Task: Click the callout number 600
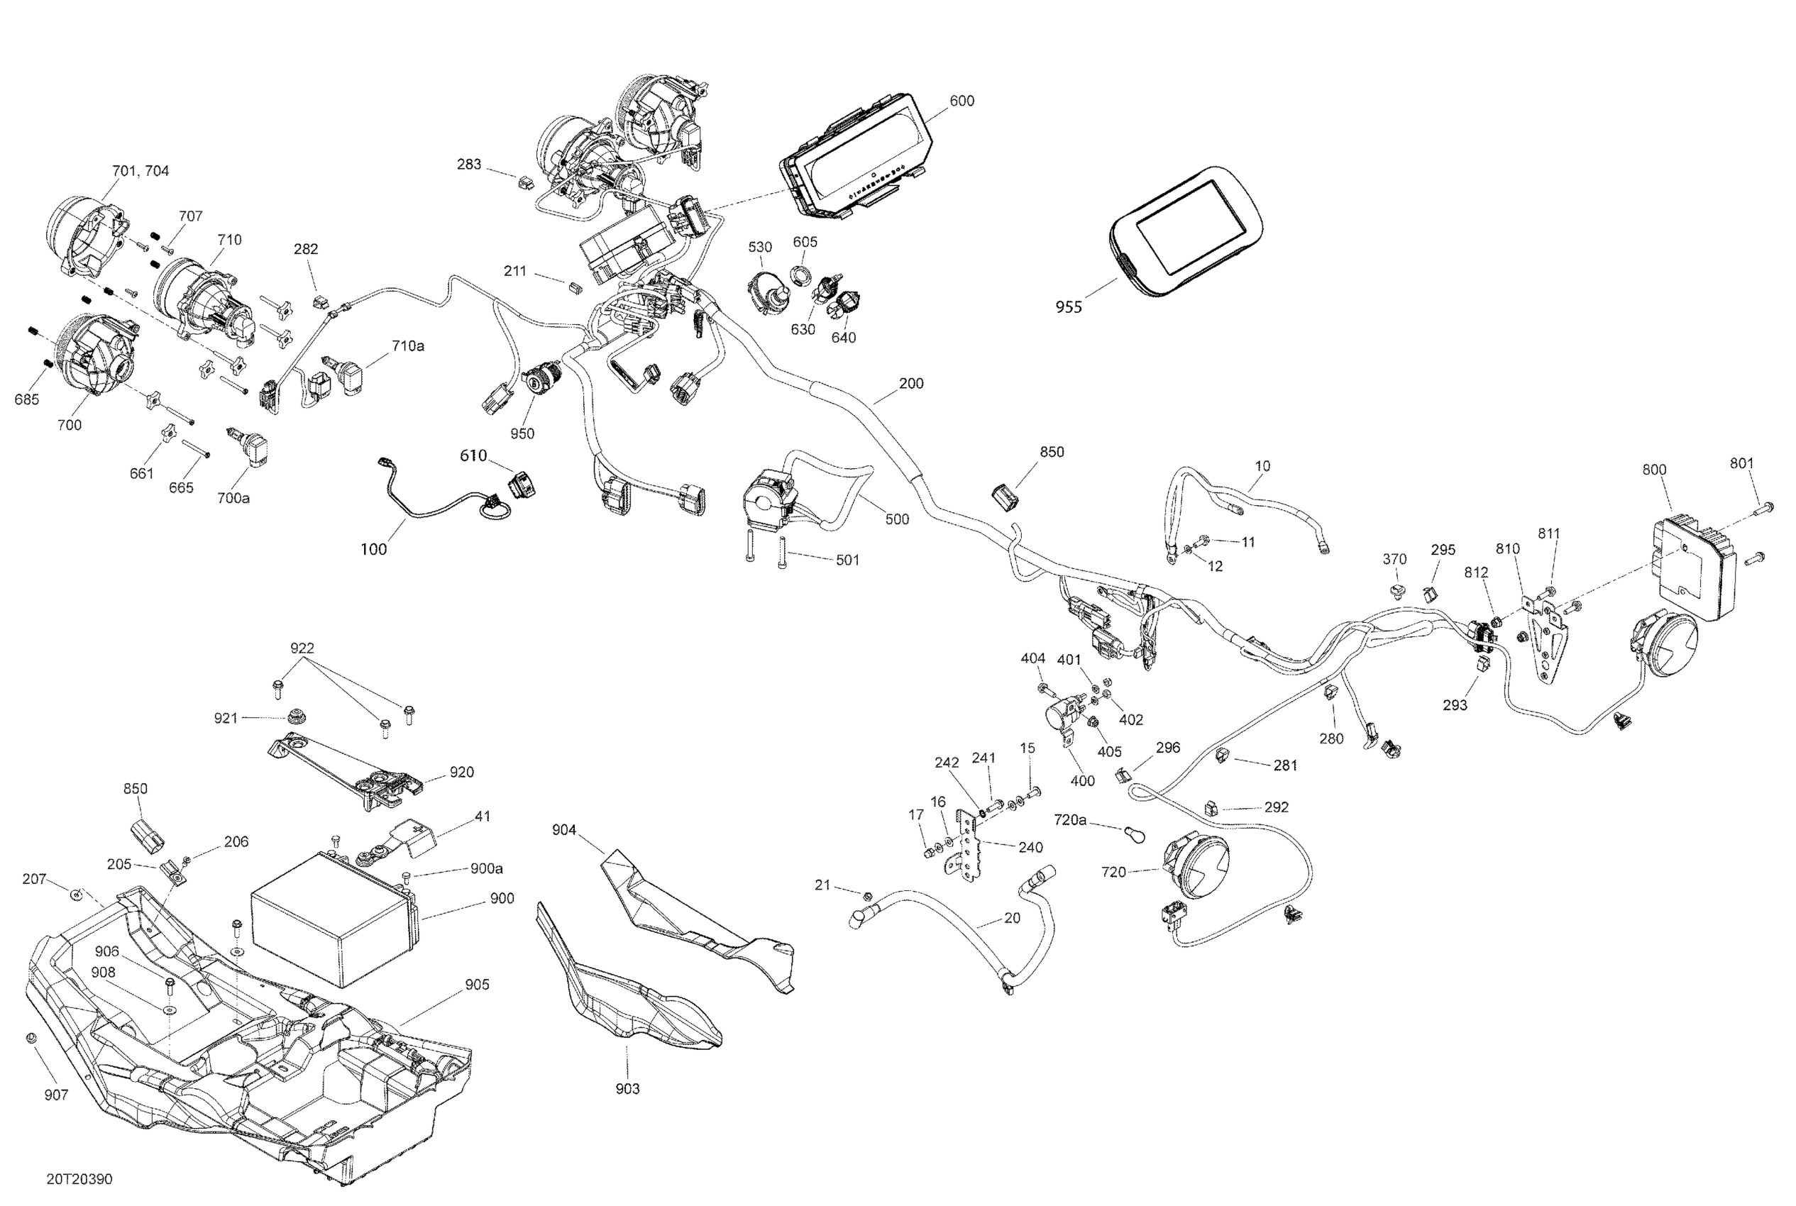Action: (x=962, y=101)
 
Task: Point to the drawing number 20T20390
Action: (x=79, y=1179)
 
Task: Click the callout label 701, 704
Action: (x=141, y=171)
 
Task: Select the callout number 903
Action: (x=627, y=1088)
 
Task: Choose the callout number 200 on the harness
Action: (x=911, y=383)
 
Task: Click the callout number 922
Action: (x=302, y=648)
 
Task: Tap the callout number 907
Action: (x=56, y=1095)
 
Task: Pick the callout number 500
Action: (x=897, y=519)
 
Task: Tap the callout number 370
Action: (x=1394, y=559)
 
